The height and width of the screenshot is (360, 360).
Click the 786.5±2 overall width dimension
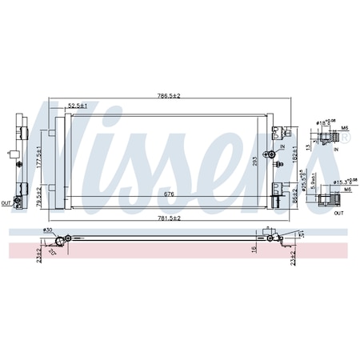(169, 97)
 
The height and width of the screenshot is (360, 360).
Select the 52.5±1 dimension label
(77, 106)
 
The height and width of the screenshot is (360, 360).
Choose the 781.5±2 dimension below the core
(169, 218)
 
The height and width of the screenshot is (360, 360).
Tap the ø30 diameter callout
(50, 231)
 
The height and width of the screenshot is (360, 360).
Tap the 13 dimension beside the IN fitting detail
(307, 146)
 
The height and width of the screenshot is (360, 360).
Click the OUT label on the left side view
(6, 202)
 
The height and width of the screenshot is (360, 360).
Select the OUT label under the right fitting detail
(338, 213)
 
